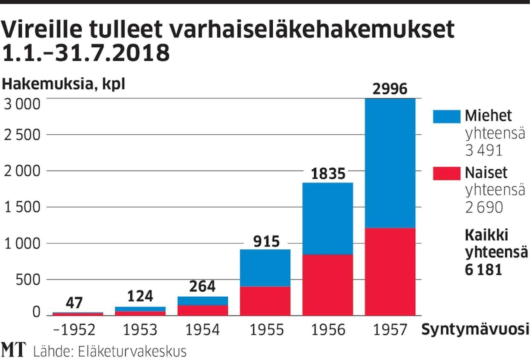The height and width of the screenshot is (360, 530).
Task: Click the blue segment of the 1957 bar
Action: point(390,163)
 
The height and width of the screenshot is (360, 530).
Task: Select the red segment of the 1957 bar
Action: point(390,271)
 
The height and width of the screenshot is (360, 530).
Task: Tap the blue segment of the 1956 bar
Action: point(328,218)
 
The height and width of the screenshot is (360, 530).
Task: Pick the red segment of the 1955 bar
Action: point(265,301)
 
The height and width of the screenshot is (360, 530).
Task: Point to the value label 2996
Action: point(390,89)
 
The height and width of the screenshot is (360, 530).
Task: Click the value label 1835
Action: point(328,174)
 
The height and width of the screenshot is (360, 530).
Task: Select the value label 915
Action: point(265,241)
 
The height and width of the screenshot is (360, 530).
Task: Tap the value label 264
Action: point(203,286)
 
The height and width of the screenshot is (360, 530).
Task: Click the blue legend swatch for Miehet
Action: point(446,116)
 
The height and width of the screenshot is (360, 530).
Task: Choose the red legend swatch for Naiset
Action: point(446,173)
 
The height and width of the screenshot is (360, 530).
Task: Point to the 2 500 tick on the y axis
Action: point(28,135)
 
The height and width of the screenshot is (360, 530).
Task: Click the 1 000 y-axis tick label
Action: point(28,244)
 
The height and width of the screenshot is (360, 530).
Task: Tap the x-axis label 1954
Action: point(203,330)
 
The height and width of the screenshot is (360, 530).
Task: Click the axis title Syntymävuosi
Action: point(475,330)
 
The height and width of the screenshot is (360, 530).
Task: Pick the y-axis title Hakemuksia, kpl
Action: point(64,84)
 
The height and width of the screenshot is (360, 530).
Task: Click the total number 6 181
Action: point(483,270)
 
